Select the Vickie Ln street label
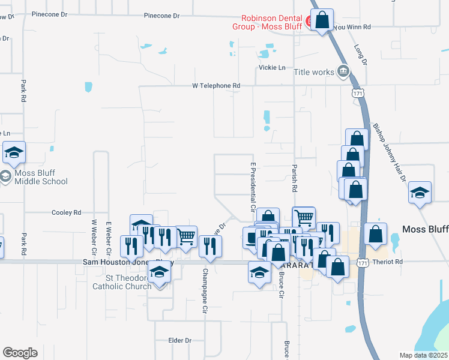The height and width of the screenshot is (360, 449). click(272, 68)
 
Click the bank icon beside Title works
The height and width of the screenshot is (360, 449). click(343, 71)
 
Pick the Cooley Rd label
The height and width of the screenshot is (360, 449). click(66, 212)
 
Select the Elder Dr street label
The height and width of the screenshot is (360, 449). click(179, 340)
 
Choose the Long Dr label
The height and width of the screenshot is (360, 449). click(360, 54)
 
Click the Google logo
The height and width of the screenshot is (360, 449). click(20, 353)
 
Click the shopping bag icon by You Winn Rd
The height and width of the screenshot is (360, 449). click(322, 21)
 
